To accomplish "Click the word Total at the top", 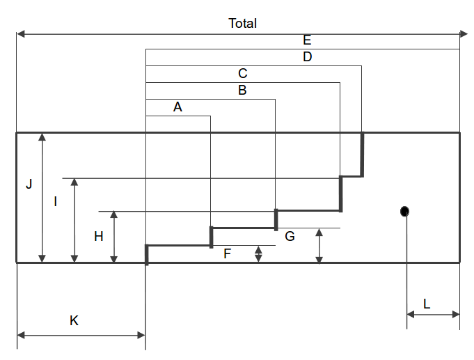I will point(242,23).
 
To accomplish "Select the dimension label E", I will point(307,40).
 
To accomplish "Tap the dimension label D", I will point(307,57).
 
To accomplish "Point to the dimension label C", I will point(242,74).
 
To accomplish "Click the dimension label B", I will point(242,91).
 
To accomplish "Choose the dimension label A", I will point(177,107).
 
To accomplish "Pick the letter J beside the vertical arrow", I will point(29,185).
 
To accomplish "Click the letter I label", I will point(55,202).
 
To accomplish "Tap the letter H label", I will point(98,237).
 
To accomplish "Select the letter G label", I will point(290,237).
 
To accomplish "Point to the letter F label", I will point(227,254).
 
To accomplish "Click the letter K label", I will point(74,320).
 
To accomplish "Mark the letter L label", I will point(426,304).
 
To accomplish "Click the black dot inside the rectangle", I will point(404,211).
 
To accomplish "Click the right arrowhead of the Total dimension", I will point(464,33).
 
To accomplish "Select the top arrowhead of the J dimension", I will point(42,137).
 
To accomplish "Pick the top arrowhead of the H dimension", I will point(114,215).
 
